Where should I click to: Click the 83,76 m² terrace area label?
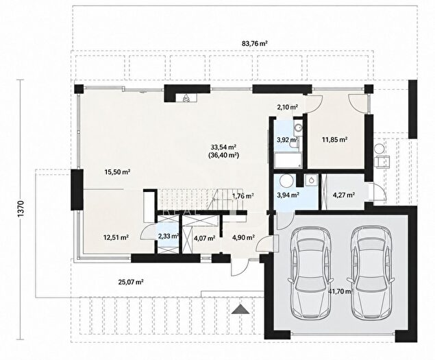(254, 43)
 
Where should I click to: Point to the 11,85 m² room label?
(335, 139)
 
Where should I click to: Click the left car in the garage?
(310, 272)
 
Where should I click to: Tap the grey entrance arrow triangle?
(241, 309)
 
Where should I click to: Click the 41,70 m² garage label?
(340, 291)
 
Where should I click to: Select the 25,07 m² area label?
(131, 283)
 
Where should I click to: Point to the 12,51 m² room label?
(116, 237)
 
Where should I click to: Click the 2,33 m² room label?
(168, 237)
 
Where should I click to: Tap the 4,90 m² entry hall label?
(244, 237)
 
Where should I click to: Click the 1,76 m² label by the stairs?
(243, 196)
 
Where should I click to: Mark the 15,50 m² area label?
(117, 172)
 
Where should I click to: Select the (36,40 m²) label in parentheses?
(223, 155)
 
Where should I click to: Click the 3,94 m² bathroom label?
(288, 195)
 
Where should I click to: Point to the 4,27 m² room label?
(344, 195)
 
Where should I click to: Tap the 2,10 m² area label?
(287, 107)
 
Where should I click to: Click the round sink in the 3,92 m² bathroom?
(299, 128)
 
